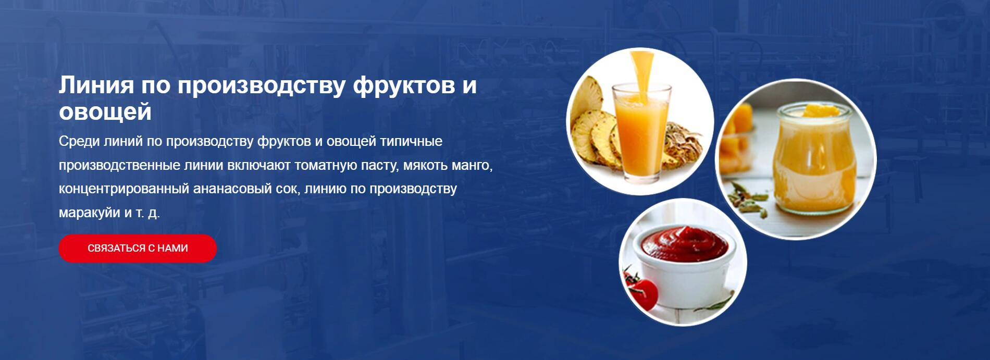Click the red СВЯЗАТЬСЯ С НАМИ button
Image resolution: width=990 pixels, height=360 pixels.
(138, 249)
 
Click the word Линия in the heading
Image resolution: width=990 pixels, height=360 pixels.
(96, 85)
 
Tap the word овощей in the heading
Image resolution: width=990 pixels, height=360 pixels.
(105, 111)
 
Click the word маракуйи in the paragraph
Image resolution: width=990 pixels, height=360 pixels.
(89, 213)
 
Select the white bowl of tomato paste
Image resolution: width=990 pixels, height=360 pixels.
(683, 271)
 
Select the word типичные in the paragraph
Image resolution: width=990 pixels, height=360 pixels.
(411, 142)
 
